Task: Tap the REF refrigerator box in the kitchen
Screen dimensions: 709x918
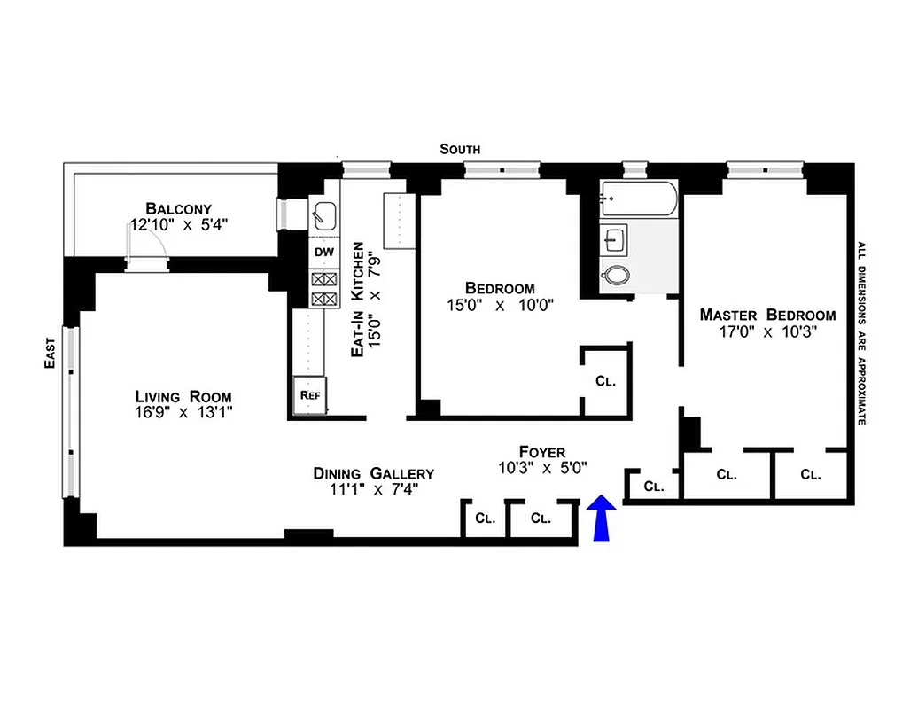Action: click(x=309, y=395)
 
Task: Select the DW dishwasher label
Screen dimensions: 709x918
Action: click(x=324, y=253)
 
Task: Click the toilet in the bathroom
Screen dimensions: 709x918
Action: click(x=615, y=276)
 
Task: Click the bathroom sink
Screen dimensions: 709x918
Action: click(x=614, y=238)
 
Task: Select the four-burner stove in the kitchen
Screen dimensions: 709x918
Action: click(x=324, y=289)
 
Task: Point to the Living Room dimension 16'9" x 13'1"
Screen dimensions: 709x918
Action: click(x=183, y=412)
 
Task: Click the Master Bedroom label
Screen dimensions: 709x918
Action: click(x=767, y=315)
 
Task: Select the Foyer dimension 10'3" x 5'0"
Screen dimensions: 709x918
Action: click(x=542, y=467)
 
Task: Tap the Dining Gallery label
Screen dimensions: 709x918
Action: click(x=373, y=473)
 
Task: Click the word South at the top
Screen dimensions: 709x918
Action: click(x=460, y=149)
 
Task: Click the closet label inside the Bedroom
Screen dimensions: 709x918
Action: click(x=605, y=381)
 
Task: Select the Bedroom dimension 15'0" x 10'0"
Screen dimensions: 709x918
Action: click(x=500, y=305)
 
